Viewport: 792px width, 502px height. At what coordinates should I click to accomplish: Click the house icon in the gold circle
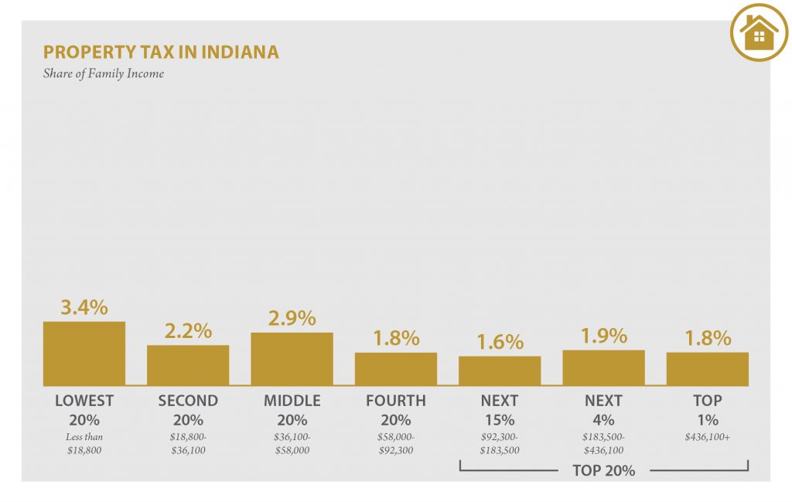759,32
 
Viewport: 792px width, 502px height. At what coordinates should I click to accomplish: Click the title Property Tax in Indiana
161,53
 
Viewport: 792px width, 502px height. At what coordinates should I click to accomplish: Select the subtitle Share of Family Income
104,74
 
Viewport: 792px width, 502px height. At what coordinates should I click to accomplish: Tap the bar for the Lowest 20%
84,353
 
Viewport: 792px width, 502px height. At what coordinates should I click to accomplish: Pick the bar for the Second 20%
188,365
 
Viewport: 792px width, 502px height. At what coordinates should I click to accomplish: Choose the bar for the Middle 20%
292,359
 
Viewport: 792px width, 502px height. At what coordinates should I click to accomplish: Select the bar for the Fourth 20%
395,369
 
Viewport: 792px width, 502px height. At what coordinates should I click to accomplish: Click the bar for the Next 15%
500,371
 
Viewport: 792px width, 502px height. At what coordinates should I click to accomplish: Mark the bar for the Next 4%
603,368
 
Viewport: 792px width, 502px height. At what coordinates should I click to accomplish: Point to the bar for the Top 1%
707,369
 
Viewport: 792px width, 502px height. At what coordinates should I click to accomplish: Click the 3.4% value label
84,307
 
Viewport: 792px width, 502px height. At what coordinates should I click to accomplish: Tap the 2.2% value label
188,331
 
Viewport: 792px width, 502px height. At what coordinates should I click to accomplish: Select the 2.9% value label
292,318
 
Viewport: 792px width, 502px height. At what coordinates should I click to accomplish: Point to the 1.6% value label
500,342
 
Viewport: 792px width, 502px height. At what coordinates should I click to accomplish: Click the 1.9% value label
603,336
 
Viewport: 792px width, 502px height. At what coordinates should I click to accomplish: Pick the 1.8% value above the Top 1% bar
707,338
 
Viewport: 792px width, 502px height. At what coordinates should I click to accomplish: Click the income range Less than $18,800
84,443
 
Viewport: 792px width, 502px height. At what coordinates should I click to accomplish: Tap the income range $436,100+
707,437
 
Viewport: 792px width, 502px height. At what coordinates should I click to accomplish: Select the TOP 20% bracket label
603,470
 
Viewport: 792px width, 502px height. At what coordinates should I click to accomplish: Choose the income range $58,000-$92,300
395,443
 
